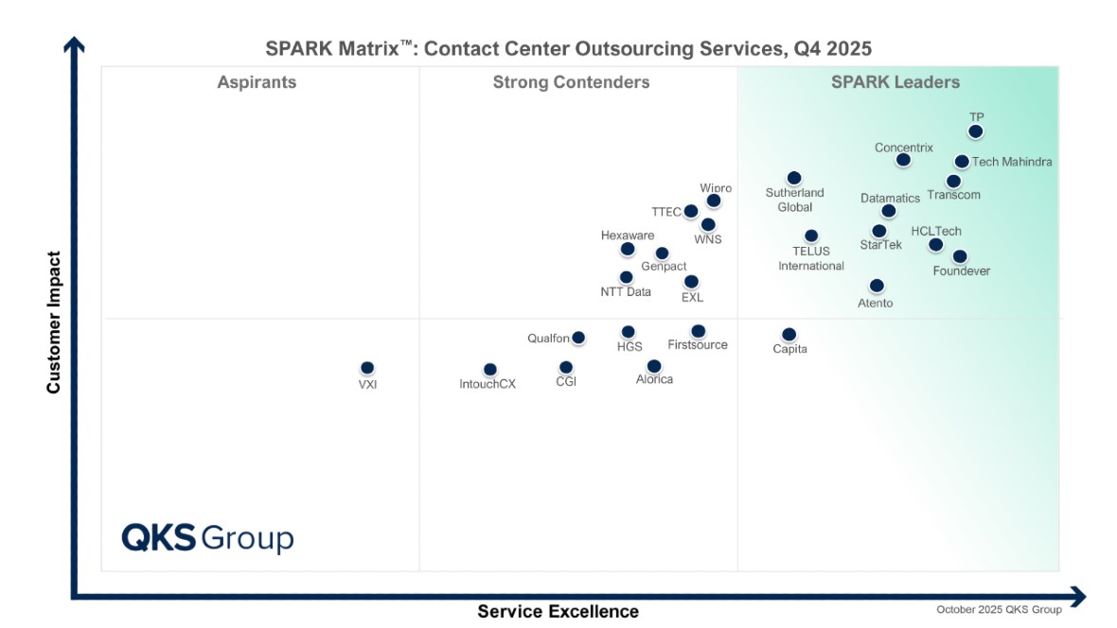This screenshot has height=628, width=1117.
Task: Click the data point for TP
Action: (976, 131)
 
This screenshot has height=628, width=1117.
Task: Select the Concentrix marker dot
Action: (903, 160)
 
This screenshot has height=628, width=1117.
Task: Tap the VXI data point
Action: (367, 368)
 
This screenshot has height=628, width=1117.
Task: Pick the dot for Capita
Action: (789, 335)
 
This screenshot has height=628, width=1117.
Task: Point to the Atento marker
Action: (877, 286)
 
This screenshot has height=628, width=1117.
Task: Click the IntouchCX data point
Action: (489, 370)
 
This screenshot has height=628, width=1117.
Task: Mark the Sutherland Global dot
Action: (794, 178)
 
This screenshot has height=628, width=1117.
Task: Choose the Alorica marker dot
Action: (654, 366)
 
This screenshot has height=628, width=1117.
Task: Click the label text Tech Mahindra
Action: (1012, 162)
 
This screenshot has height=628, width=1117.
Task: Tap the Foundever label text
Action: (961, 271)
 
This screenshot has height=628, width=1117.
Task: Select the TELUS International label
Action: (811, 258)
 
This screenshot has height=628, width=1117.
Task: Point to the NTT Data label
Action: (626, 292)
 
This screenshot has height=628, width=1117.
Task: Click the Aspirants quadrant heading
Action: (257, 82)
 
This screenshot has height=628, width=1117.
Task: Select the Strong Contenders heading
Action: (571, 82)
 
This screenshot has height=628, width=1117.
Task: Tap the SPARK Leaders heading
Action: (895, 82)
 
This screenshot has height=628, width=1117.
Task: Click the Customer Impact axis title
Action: (54, 323)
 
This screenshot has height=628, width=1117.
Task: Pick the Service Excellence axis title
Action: (558, 611)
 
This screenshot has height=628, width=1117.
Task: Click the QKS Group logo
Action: (207, 538)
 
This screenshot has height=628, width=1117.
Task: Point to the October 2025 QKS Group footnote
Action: (999, 610)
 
